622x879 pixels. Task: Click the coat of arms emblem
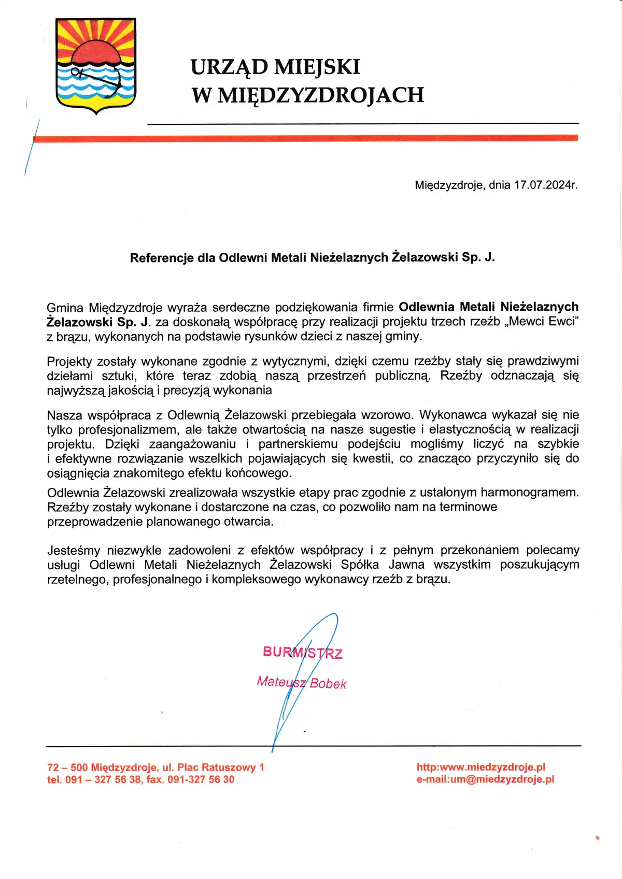(96, 66)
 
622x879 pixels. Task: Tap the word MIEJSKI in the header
(317, 67)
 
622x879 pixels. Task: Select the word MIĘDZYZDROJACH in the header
(321, 95)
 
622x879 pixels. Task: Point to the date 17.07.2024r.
(545, 185)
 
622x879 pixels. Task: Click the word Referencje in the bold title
(162, 258)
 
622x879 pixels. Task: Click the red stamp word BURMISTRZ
(303, 652)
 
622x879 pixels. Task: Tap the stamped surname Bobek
(328, 684)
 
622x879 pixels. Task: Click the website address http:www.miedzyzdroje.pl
(480, 767)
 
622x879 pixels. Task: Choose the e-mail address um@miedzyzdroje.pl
(502, 779)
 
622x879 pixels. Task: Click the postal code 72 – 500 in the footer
(67, 768)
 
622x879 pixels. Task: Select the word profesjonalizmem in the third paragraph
(128, 430)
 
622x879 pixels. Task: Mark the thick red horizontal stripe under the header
(306, 138)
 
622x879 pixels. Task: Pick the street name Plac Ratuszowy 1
(221, 768)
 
